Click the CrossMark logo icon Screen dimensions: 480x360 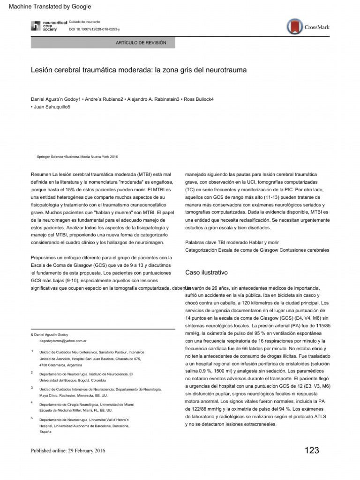click(x=295, y=26)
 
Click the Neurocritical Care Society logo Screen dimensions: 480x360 click(x=44, y=26)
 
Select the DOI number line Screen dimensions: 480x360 click(x=94, y=30)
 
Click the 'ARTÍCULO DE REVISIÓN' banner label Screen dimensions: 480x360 click(x=141, y=43)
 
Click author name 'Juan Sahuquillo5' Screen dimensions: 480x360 click(x=50, y=107)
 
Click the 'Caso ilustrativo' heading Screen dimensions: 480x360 click(x=207, y=272)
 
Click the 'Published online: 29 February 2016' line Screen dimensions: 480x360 click(x=68, y=451)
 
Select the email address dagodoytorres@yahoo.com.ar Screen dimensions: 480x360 click(x=66, y=342)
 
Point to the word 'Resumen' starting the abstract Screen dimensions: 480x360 click(x=41, y=174)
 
